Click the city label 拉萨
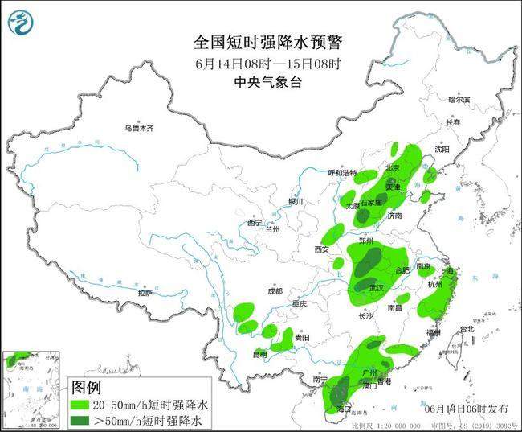click(145, 293)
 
